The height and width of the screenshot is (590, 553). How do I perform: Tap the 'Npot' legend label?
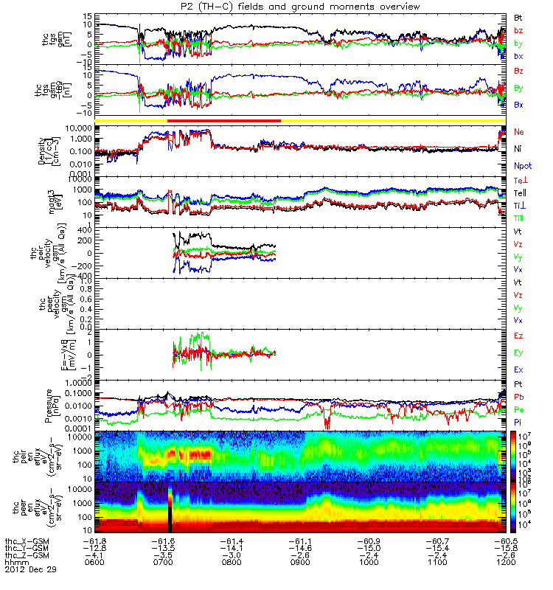[x=522, y=167]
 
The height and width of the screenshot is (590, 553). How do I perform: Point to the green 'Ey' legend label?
[x=518, y=353]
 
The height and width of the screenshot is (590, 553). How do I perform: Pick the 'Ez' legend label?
[x=518, y=336]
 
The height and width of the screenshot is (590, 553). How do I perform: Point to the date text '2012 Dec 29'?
[x=29, y=570]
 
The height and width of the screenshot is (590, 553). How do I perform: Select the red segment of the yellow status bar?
[x=224, y=120]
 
